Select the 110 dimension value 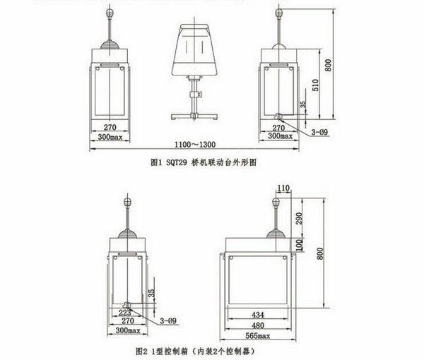pyautogui.click(x=283, y=188)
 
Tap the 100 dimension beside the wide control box pyautogui.click(x=300, y=244)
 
